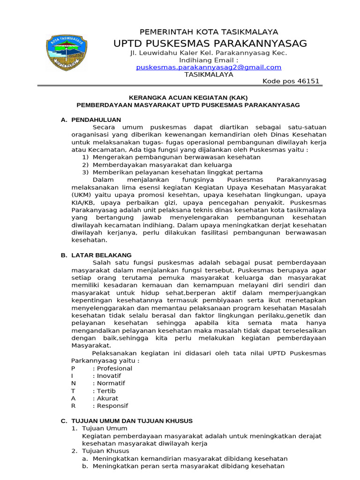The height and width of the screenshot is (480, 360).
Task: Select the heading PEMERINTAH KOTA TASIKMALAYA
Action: point(209,32)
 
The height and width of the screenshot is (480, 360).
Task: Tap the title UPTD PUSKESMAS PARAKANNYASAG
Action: point(210,44)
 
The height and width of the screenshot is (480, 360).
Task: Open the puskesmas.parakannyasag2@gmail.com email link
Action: point(209,67)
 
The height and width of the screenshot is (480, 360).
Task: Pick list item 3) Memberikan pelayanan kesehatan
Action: point(172,172)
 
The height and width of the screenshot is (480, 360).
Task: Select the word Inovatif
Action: point(109,376)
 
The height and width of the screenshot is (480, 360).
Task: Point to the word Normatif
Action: point(111,383)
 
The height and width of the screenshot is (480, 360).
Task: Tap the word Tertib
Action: point(106,391)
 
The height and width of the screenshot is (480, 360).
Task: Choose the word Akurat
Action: point(107,398)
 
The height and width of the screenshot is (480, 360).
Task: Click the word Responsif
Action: point(112,406)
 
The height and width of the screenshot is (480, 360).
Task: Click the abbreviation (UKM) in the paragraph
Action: point(82,195)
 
